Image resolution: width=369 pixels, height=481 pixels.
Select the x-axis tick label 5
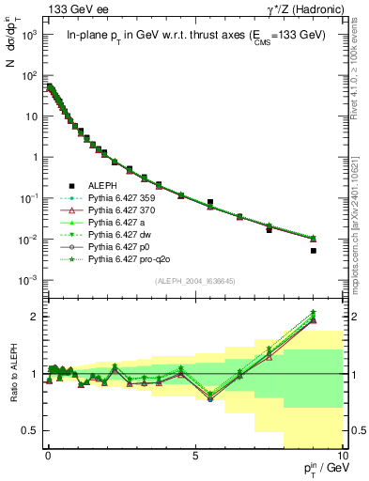pyautogui.click(x=194, y=454)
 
